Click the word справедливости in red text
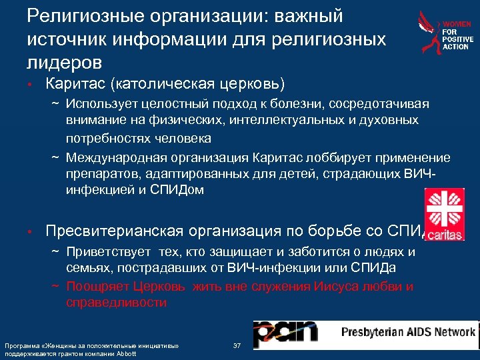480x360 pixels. [x=117, y=302]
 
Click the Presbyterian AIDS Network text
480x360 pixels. [x=408, y=332]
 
